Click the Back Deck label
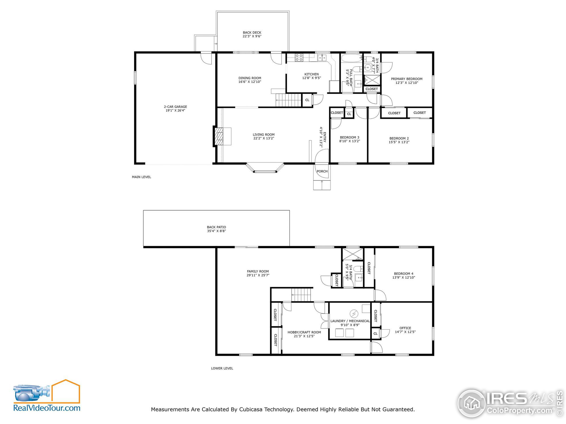click(x=252, y=33)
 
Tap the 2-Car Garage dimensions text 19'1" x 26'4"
click(x=175, y=111)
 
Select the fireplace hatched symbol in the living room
click(x=219, y=136)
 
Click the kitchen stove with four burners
click(x=299, y=57)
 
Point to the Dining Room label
click(x=250, y=78)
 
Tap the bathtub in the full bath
click(x=351, y=58)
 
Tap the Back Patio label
click(x=216, y=227)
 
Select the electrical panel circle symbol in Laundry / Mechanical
click(x=354, y=313)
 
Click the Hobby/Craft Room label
click(x=304, y=332)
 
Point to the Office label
click(x=405, y=328)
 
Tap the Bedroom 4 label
click(x=403, y=273)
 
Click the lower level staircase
click(x=301, y=295)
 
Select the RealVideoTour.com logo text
click(x=47, y=408)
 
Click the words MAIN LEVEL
click(x=141, y=177)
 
